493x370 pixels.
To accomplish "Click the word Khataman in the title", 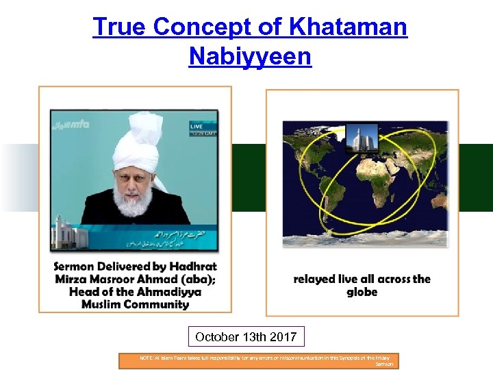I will coord(348,27).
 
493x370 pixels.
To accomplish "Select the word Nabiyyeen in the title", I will coord(250,56).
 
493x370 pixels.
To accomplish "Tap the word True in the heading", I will coord(119,27).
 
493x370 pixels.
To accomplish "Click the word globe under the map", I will coord(362,292).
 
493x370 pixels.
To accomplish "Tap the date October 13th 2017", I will coord(246,337).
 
